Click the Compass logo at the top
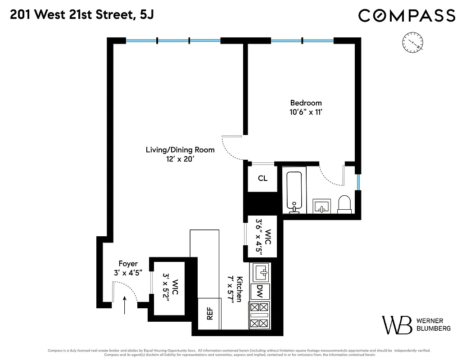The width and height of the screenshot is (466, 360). point(407,16)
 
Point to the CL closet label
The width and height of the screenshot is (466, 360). point(262,179)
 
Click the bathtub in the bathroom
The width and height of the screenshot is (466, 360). point(296,191)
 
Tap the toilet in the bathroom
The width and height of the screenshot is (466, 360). point(344,204)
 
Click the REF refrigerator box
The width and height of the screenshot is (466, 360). point(209,314)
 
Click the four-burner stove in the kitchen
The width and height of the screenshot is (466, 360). point(259,315)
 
